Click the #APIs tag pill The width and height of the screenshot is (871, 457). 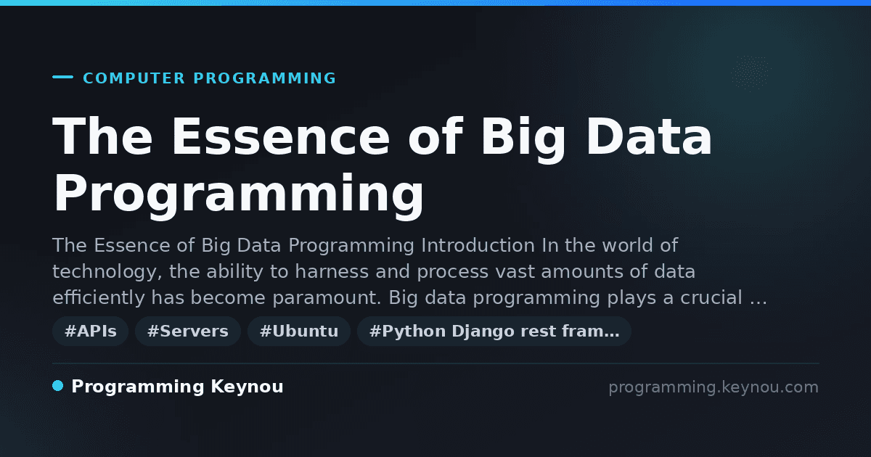pos(90,331)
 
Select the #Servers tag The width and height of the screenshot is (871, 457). pos(188,331)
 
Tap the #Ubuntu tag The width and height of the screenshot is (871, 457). pos(299,331)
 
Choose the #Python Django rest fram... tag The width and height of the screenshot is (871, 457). pos(494,331)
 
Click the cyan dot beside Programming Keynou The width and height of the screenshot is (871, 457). pos(58,386)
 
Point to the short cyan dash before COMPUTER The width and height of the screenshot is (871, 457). pos(62,77)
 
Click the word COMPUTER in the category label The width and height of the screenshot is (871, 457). pos(134,78)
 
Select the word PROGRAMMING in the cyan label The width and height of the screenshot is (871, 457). pos(264,78)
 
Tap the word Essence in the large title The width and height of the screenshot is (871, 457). pos(281,137)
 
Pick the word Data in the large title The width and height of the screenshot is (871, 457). pos(649,137)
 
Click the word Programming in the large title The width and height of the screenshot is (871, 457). pos(238,197)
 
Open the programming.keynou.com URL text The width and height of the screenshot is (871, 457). pos(713,387)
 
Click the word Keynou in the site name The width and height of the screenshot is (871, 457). pos(247,387)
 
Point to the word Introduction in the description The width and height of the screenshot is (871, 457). pos(478,245)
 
